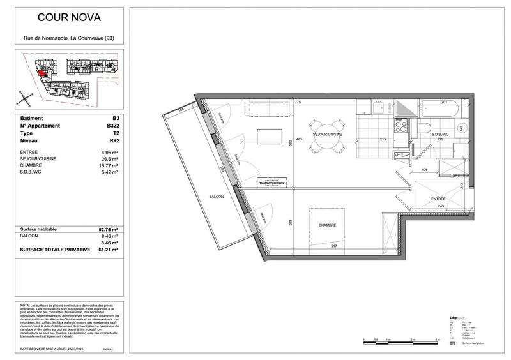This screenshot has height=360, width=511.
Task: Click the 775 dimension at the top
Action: pos(297,102)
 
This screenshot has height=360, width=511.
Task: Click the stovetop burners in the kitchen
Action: pos(402,128)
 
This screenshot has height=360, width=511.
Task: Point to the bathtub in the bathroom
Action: pos(440,112)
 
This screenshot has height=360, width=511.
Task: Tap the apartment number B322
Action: pos(111,126)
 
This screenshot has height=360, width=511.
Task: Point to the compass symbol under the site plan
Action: pos(24,98)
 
